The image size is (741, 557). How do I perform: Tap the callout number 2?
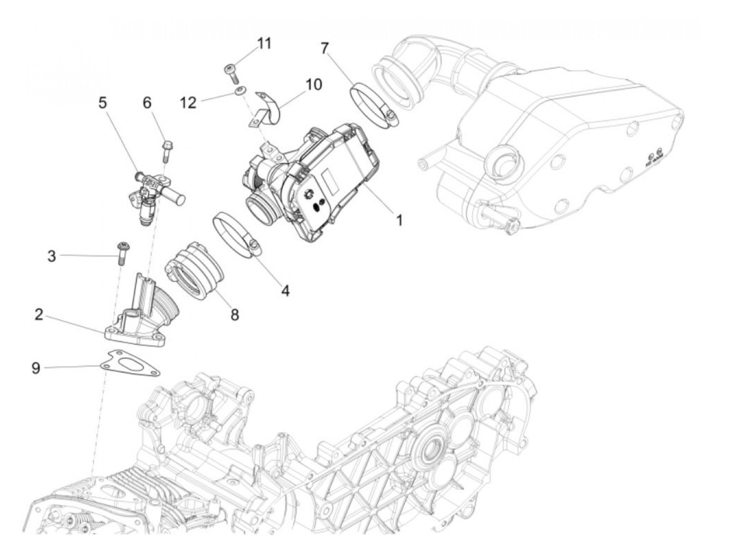[39, 315]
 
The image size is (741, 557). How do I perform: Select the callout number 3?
[51, 256]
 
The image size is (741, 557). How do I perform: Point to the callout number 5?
[102, 102]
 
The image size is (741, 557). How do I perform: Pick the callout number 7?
[324, 49]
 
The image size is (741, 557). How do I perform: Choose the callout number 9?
[35, 367]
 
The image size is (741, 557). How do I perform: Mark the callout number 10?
[313, 84]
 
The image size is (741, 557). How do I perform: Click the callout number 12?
[188, 102]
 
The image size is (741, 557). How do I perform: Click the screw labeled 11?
[231, 73]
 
